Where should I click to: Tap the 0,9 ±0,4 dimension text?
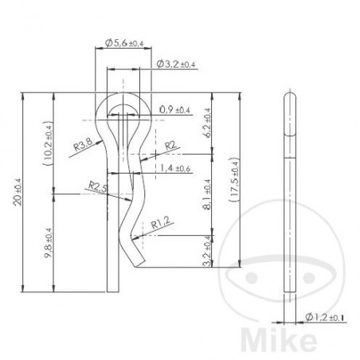coord(175,109)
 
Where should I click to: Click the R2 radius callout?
coord(170,145)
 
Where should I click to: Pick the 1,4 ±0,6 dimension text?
coord(176,168)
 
